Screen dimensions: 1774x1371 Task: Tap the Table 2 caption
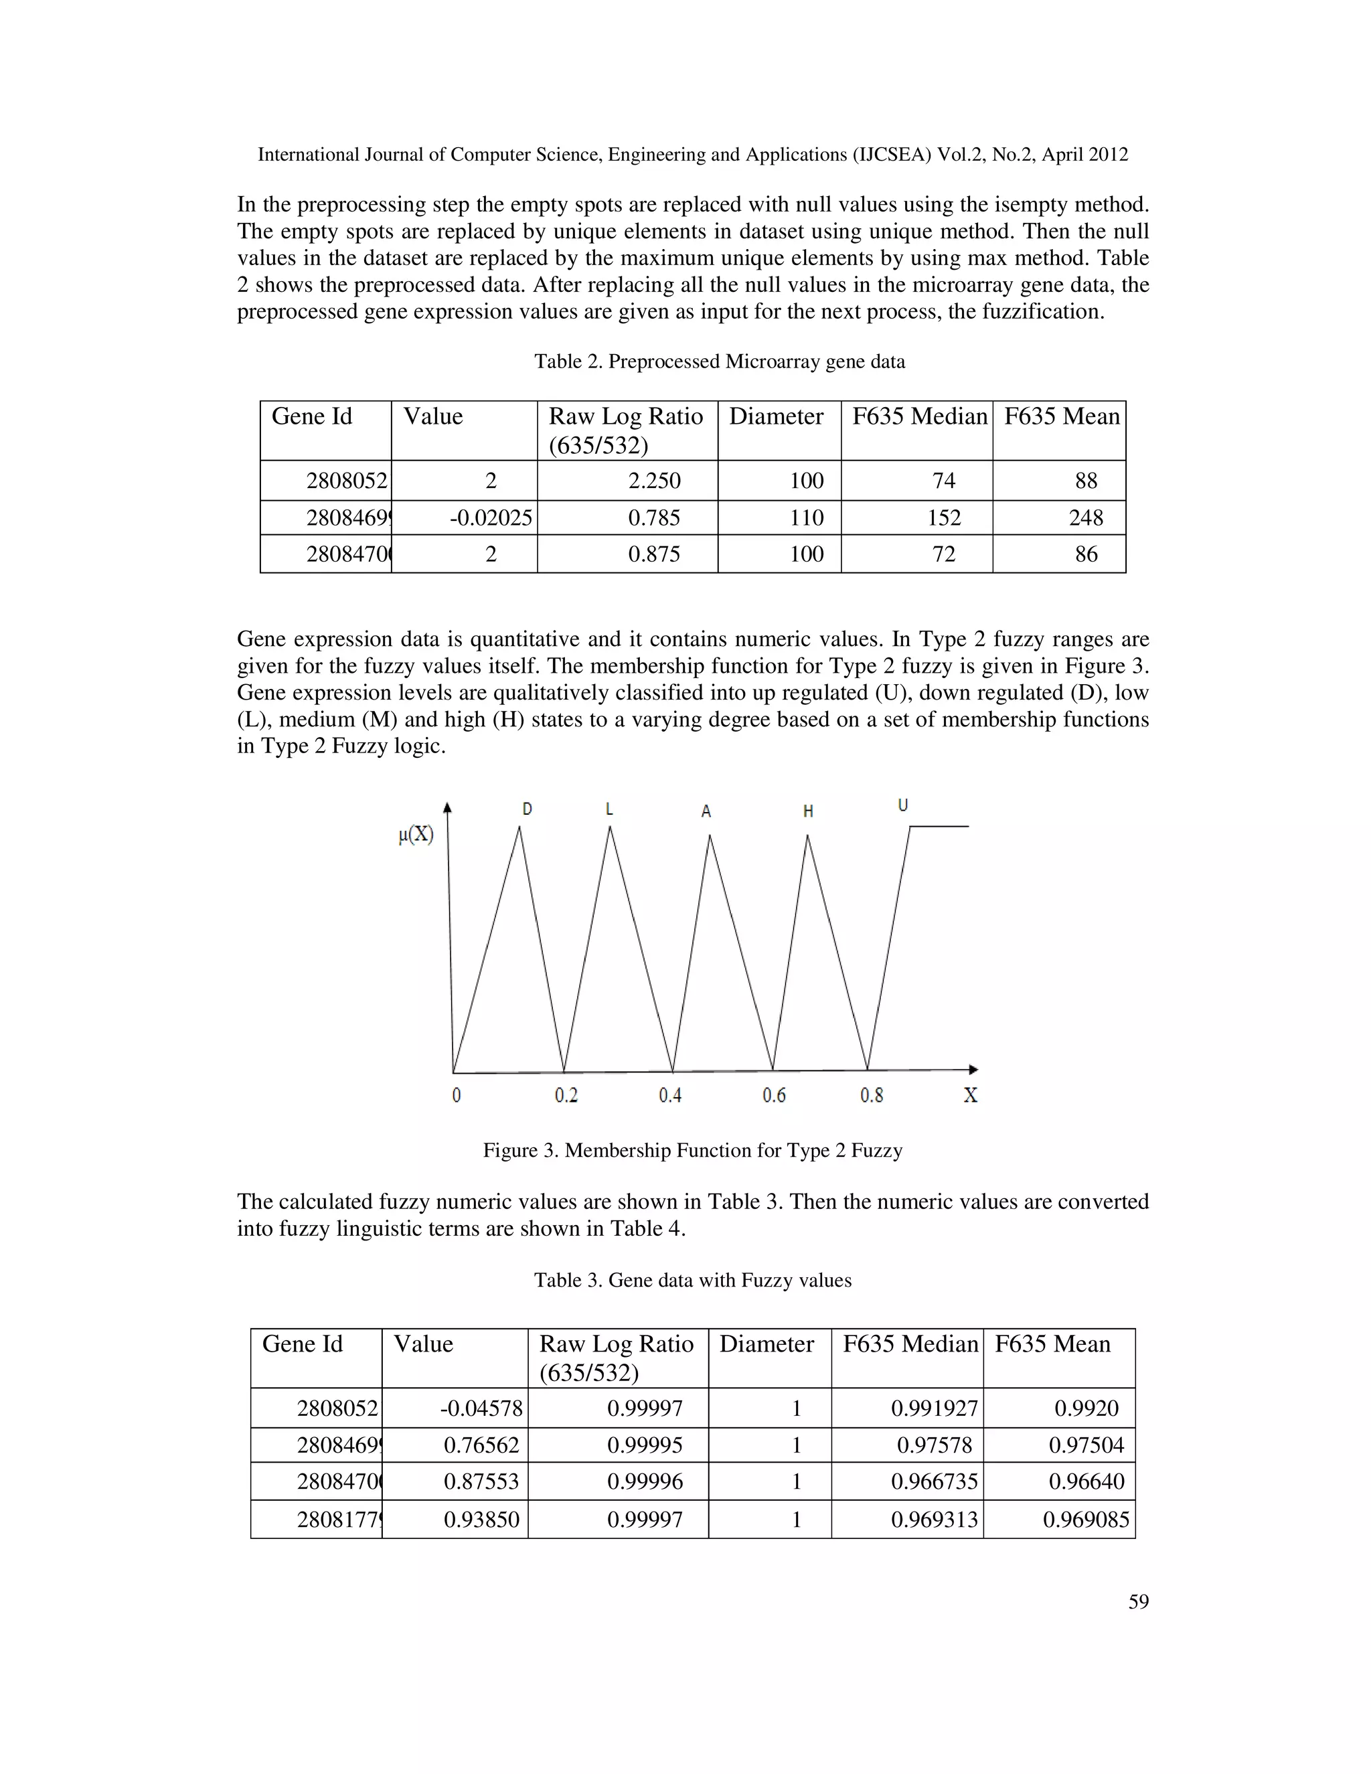click(x=719, y=361)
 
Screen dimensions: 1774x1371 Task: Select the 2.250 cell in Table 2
click(x=654, y=481)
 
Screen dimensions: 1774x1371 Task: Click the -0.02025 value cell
click(x=491, y=518)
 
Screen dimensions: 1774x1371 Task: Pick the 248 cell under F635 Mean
click(x=1085, y=518)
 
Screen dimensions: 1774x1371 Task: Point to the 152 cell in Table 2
click(x=943, y=518)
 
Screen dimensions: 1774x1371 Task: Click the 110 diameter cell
click(x=807, y=518)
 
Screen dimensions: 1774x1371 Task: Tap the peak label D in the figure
click(x=527, y=809)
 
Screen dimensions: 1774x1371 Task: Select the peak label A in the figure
click(x=706, y=811)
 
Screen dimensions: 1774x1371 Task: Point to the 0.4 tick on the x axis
click(x=670, y=1096)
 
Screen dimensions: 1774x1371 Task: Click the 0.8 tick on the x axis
click(x=872, y=1096)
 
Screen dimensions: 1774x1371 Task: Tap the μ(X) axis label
click(x=416, y=834)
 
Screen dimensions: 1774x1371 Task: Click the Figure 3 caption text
click(x=692, y=1150)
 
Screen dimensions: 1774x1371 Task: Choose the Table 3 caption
click(x=692, y=1280)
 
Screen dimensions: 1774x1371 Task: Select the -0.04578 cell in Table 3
click(x=481, y=1408)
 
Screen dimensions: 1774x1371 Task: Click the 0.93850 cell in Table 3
click(x=481, y=1519)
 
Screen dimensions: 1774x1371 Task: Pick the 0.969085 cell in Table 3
click(x=1085, y=1519)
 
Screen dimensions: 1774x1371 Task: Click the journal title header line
click(x=692, y=155)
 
